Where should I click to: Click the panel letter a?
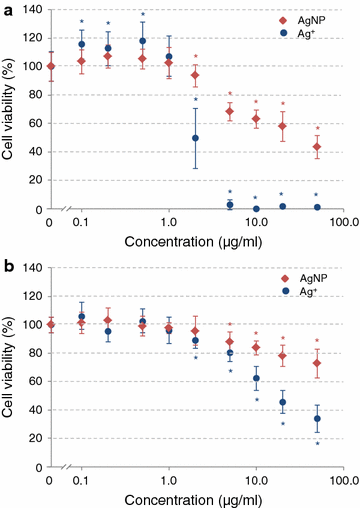(8, 9)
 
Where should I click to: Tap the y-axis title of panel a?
(10, 110)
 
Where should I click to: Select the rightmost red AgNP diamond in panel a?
(317, 147)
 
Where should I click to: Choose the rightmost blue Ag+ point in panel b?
(317, 419)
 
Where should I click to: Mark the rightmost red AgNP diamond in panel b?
(317, 363)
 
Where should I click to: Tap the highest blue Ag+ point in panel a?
(142, 41)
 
